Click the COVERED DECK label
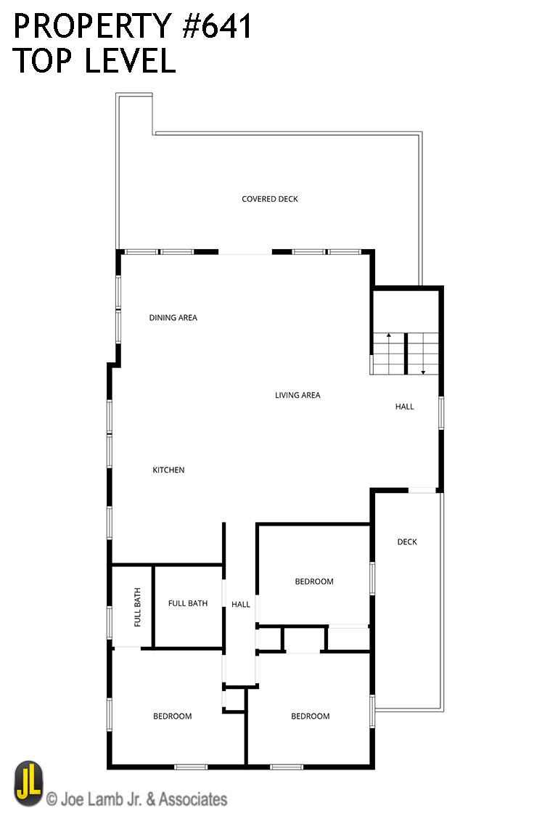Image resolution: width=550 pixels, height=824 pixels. click(x=269, y=199)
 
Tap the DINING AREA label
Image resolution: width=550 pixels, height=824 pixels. click(x=173, y=318)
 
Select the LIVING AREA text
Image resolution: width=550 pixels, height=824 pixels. click(x=297, y=395)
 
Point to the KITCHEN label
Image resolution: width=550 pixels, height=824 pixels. click(x=168, y=470)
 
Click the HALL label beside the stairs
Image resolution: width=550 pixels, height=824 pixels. click(x=404, y=407)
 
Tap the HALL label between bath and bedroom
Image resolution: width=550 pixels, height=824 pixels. click(x=241, y=604)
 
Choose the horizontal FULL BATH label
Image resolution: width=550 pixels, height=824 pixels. click(x=187, y=603)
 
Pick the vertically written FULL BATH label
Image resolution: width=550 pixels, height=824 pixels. click(x=138, y=607)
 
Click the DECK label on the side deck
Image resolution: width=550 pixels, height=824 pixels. click(x=407, y=542)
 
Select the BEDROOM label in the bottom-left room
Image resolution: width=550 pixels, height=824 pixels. click(x=172, y=717)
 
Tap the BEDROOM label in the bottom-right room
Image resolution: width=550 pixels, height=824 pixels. click(x=311, y=717)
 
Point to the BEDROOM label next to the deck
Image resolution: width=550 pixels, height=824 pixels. click(x=314, y=582)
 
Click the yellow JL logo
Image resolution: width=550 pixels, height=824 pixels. click(x=29, y=783)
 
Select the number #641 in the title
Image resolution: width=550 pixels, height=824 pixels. click(x=217, y=26)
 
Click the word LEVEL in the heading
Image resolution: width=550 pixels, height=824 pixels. click(x=131, y=60)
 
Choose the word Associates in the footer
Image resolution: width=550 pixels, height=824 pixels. click(x=193, y=799)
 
